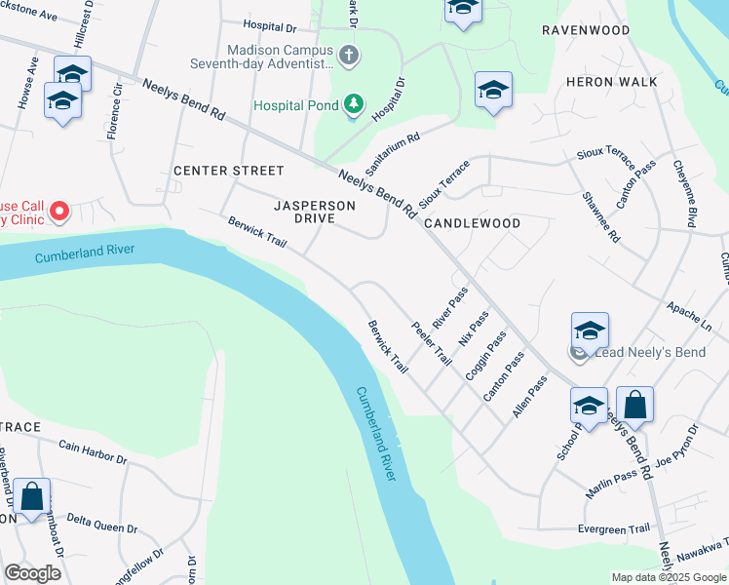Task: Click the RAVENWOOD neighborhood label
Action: pos(586,30)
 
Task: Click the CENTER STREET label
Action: pos(229,171)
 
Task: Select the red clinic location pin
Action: pos(58,210)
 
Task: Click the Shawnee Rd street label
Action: pos(600,217)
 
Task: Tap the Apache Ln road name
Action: pos(692,311)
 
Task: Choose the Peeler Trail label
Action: pos(431,343)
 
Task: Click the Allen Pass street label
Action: pos(530,398)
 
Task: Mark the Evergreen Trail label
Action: pos(613,527)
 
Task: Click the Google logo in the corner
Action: pos(32,573)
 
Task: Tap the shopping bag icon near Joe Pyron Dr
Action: pos(634,405)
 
